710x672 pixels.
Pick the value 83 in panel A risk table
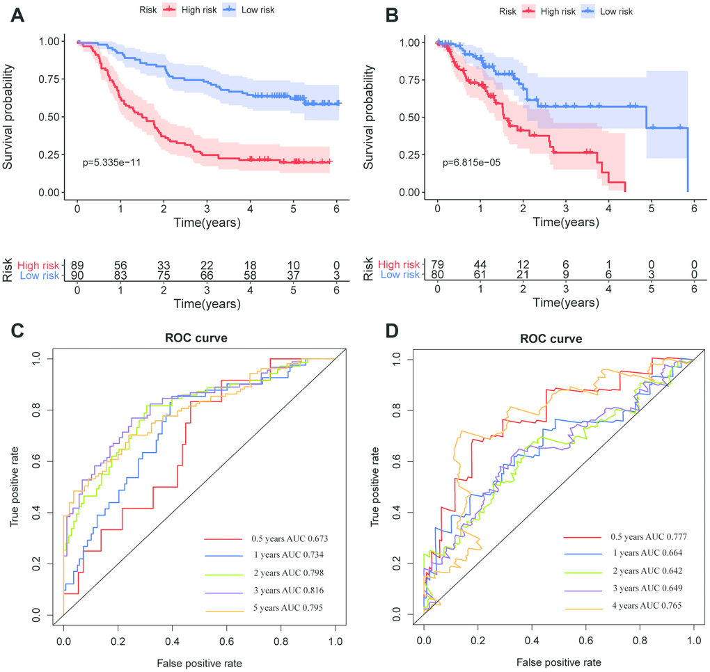[x=120, y=276]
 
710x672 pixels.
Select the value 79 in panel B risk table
[x=438, y=265]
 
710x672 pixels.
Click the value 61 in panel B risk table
[x=480, y=276]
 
